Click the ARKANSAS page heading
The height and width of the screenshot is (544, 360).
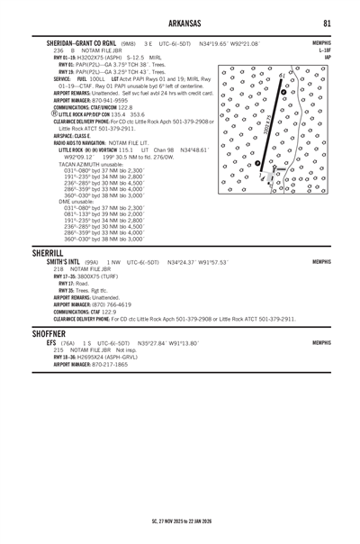180,23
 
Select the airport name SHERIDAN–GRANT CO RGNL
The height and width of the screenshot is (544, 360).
85,43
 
